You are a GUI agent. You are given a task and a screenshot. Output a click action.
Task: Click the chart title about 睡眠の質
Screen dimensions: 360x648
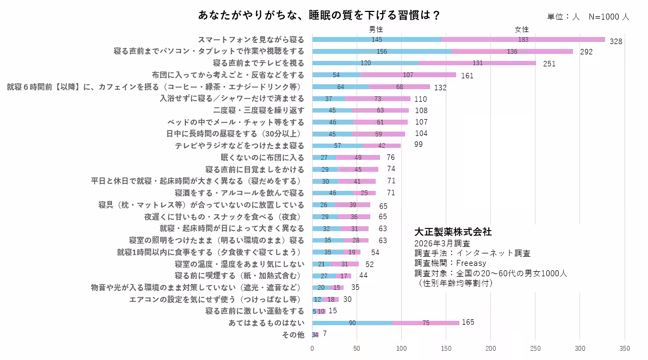(x=319, y=15)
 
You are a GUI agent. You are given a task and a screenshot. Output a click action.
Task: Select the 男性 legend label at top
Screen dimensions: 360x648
(x=376, y=29)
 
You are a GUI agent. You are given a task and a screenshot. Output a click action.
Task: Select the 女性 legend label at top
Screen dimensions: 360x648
(x=522, y=29)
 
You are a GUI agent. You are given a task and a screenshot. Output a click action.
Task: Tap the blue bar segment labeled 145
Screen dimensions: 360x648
(x=376, y=40)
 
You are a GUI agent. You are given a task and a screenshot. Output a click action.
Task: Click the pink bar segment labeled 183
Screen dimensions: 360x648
(x=523, y=40)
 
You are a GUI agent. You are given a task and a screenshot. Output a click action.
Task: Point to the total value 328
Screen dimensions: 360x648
(x=615, y=41)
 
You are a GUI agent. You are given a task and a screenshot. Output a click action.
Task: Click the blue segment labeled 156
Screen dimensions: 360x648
(x=382, y=51)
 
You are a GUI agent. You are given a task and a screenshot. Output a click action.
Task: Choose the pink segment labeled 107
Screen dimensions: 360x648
(x=408, y=75)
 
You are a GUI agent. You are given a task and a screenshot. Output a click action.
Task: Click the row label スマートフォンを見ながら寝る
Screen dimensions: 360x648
(x=251, y=40)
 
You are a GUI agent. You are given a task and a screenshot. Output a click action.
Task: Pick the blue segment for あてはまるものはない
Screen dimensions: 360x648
(x=352, y=322)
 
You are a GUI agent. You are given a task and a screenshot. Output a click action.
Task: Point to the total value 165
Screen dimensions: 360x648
(x=468, y=322)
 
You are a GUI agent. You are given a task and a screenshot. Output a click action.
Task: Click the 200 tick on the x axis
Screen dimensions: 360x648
(x=491, y=349)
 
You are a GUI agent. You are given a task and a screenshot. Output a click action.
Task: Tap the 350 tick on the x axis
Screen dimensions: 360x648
(x=625, y=349)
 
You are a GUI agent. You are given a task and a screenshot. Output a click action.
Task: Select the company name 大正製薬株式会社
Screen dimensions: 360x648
(x=453, y=232)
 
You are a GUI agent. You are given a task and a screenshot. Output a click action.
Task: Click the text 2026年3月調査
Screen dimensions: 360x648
(x=442, y=243)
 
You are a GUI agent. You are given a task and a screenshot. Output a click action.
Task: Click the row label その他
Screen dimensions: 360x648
(x=293, y=334)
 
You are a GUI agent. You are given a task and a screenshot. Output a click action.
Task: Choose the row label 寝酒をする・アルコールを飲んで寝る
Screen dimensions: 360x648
(x=239, y=193)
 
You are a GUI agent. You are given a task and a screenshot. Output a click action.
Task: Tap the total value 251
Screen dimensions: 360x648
(x=549, y=64)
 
